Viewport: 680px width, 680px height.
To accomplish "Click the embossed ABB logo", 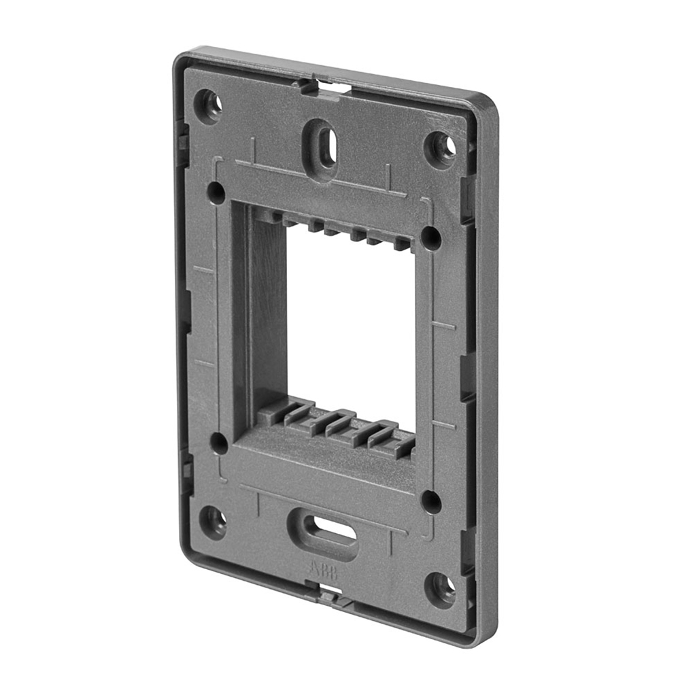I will tap(326, 569).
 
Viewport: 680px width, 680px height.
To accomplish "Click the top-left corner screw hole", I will tap(208, 105).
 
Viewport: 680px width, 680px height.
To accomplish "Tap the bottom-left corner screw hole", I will tap(214, 522).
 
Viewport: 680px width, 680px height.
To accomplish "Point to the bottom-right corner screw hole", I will tap(441, 588).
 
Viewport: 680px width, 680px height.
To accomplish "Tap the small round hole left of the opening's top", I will tap(216, 192).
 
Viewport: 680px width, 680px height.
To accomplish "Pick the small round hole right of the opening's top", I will tap(430, 237).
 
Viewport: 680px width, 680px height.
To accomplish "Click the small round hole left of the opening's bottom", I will tap(219, 443).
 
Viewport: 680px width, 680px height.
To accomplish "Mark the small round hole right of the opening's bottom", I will tap(431, 501).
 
